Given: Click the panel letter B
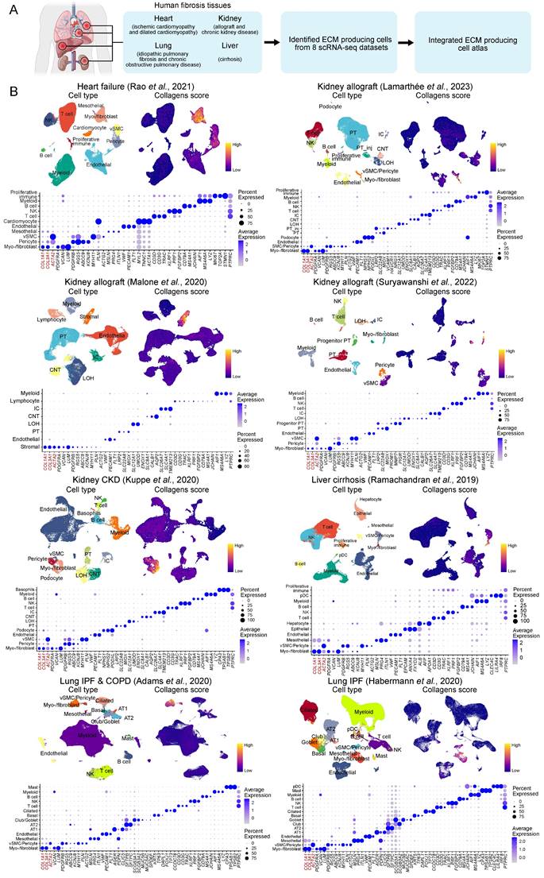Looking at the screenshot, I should [x=14, y=93].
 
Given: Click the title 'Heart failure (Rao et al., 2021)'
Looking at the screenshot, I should [x=138, y=85].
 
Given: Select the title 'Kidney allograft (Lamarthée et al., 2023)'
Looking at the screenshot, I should [x=407, y=85].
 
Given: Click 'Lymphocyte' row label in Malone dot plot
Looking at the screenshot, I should [x=28, y=401].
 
